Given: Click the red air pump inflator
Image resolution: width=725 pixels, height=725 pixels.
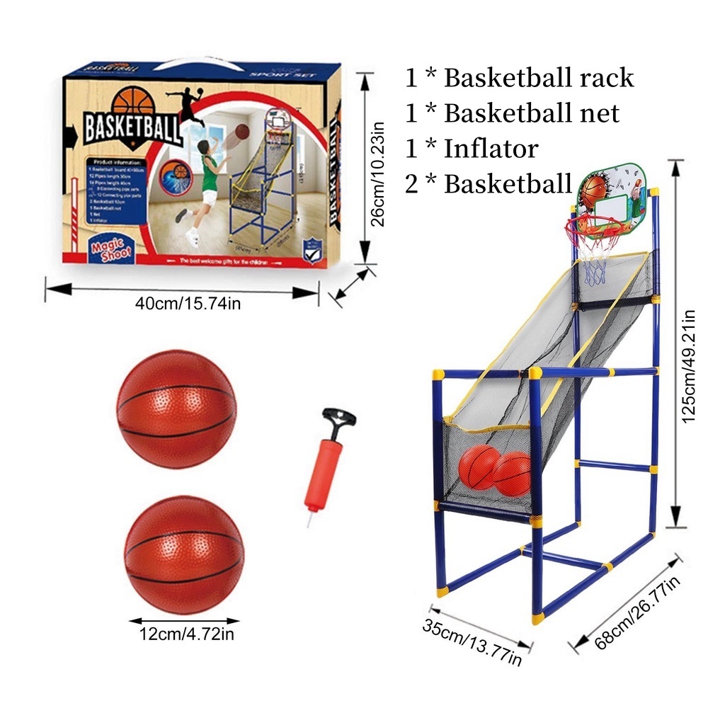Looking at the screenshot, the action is (x=325, y=471).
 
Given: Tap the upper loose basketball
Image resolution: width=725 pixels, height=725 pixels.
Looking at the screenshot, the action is (x=176, y=409).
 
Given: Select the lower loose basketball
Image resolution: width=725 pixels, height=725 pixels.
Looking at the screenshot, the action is (x=184, y=554).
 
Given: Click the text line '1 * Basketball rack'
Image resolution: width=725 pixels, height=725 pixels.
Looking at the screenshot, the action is (x=519, y=78).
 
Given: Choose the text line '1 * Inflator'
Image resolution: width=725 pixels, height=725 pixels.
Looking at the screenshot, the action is (x=471, y=149).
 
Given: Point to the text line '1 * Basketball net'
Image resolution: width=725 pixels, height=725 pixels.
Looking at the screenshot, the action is (x=512, y=113).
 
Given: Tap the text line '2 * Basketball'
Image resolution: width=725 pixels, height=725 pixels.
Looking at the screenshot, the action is (x=489, y=184).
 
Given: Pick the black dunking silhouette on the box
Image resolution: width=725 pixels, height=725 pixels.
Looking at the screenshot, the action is (x=187, y=105).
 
